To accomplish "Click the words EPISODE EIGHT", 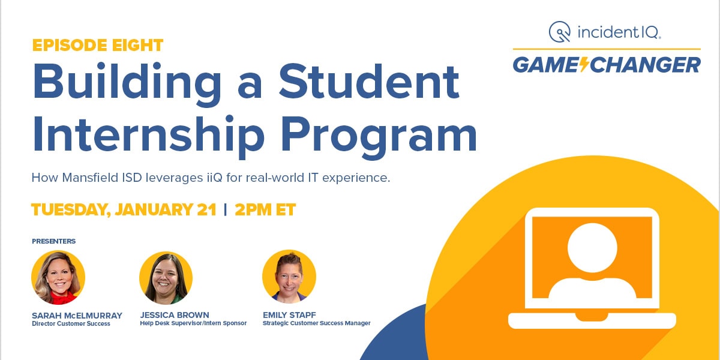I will pos(97,45).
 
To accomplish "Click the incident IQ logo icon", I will pos(559,32).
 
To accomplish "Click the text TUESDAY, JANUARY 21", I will pos(123,210).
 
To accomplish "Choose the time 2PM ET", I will pos(265,210).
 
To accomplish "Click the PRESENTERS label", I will pos(54,241).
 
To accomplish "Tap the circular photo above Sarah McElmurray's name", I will pos(58,277).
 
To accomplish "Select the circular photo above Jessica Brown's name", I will pos(166,278).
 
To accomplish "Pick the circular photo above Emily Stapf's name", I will pos(289,277).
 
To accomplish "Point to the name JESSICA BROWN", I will pos(175,315).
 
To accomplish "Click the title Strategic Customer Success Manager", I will pos(316,323).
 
